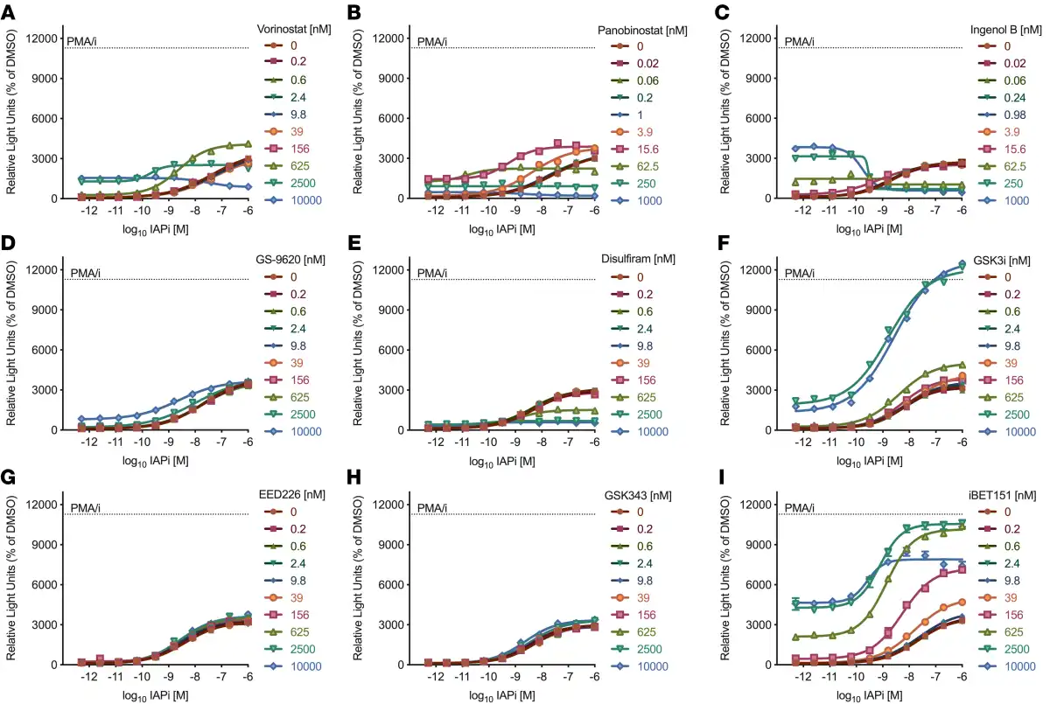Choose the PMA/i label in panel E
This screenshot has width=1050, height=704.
432,273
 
